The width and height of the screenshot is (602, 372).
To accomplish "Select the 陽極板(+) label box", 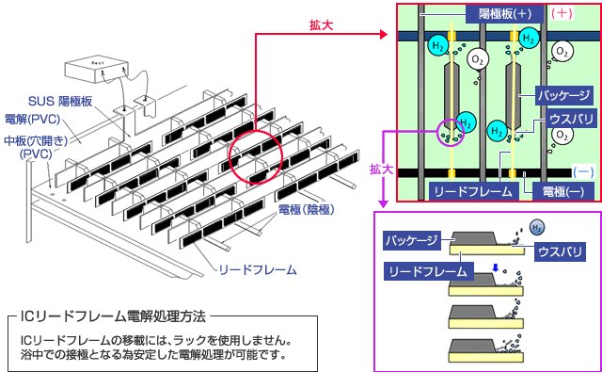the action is click(x=504, y=14).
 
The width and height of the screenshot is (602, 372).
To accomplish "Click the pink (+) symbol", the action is click(x=562, y=14).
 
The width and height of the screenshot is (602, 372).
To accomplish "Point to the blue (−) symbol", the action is click(x=582, y=172).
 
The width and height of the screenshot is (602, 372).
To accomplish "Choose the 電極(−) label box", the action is click(x=549, y=191).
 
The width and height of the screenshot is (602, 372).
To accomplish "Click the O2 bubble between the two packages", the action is click(x=479, y=60).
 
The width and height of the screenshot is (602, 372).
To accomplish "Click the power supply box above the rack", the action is click(x=95, y=69).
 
